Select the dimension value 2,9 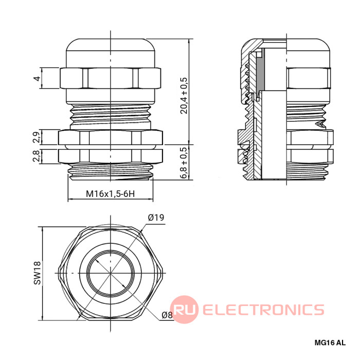tap(37, 137)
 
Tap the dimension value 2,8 tap(37, 156)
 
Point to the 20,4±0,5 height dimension tap(184, 96)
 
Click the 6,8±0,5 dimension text tap(184, 163)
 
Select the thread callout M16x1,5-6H tap(110, 194)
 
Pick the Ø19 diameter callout tap(155, 218)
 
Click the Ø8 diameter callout tap(166, 315)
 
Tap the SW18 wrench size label tap(37, 273)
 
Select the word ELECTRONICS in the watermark tap(263, 310)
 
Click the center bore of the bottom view tap(110, 272)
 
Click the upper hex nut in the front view tap(110, 78)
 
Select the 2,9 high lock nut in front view tap(110, 137)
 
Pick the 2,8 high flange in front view tap(110, 155)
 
